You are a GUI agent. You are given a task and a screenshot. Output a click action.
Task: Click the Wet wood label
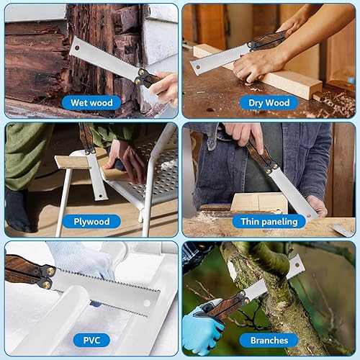coord(91,102)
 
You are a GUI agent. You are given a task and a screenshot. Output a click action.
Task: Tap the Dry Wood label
coord(269,102)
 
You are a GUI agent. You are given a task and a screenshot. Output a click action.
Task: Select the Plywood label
coord(91,221)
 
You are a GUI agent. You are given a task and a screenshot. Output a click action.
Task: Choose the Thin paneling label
coord(269,221)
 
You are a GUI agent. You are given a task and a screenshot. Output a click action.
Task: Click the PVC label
coord(91,339)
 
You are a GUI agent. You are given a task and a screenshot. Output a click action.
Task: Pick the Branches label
coord(269,339)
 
